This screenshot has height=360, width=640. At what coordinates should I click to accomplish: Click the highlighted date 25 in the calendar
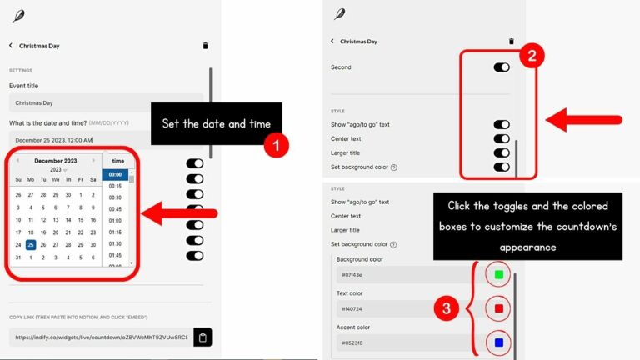coord(31,245)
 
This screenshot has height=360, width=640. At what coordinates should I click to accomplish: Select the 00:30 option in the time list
coord(115,197)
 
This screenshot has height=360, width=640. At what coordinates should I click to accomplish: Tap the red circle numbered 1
coord(275,145)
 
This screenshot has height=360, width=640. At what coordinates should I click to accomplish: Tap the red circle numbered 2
coord(533,57)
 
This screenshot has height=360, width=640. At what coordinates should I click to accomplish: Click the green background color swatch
coord(499,273)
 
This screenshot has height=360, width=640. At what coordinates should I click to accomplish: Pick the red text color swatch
coord(499,307)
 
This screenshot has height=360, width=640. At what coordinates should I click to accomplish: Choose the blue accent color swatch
coord(499,342)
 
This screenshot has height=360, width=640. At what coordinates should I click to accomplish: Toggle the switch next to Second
coord(502,67)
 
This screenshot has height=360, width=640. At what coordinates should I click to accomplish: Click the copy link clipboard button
coord(202,337)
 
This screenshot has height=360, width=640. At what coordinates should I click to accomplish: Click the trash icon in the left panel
coord(206,46)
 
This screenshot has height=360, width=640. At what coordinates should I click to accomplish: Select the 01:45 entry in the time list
coord(115,256)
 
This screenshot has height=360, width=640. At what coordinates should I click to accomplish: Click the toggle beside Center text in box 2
coord(502,139)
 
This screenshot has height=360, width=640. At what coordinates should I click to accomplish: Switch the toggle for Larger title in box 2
coord(502,153)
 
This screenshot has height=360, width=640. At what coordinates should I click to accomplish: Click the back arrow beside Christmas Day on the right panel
coord(332,41)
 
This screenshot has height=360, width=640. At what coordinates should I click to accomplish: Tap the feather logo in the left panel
coord(18,15)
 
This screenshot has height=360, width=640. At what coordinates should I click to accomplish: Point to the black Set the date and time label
coord(217,124)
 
